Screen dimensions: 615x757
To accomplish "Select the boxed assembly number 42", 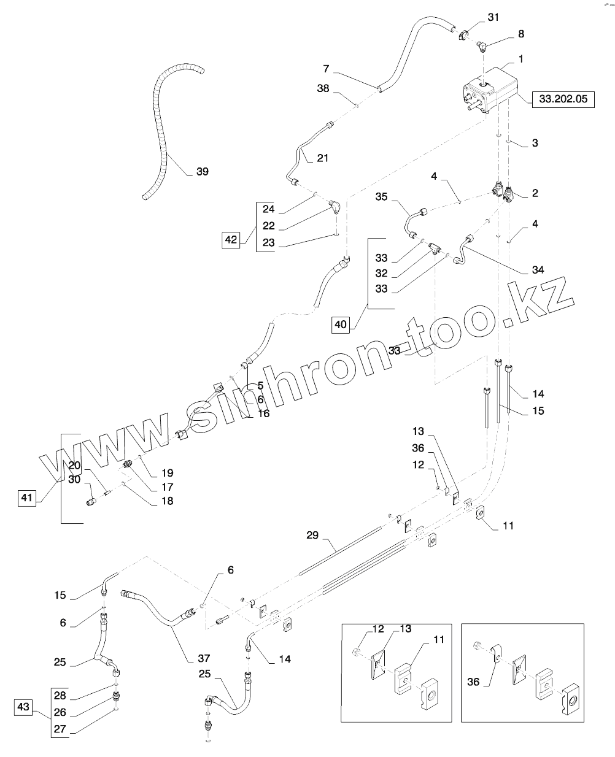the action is pyautogui.click(x=231, y=240).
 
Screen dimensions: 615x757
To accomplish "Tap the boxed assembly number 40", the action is pyautogui.click(x=341, y=325).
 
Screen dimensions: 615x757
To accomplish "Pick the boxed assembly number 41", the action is pyautogui.click(x=26, y=498).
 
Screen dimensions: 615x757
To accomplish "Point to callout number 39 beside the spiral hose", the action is pyautogui.click(x=202, y=172).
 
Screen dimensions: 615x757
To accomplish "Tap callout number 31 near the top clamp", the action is pyautogui.click(x=494, y=17).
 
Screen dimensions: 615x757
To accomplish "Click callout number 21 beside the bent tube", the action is pyautogui.click(x=323, y=158).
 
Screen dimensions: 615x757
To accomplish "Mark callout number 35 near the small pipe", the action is pyautogui.click(x=382, y=197).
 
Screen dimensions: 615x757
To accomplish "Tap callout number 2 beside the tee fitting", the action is pyautogui.click(x=535, y=193).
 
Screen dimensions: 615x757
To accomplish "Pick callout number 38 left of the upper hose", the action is pyautogui.click(x=323, y=88).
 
